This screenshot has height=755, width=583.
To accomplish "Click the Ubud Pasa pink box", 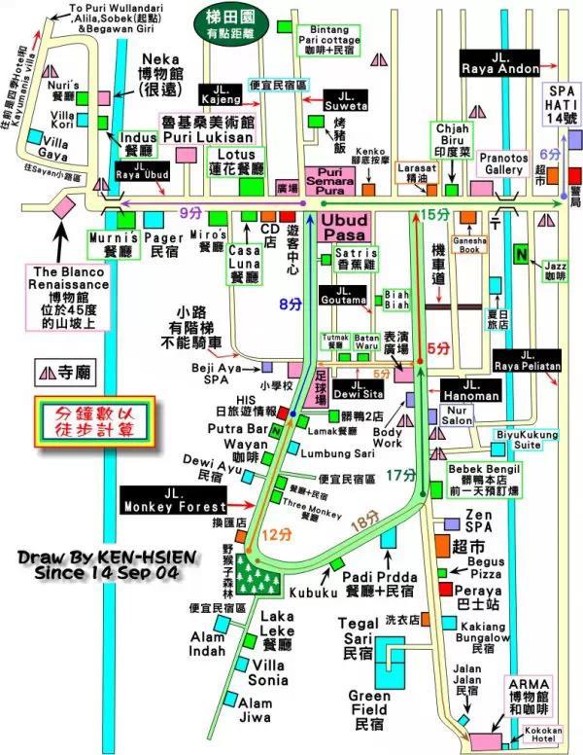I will pos(344,228).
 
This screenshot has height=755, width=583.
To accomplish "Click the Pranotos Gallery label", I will pos(503,163).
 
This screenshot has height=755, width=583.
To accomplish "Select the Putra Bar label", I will pos(242,427).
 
